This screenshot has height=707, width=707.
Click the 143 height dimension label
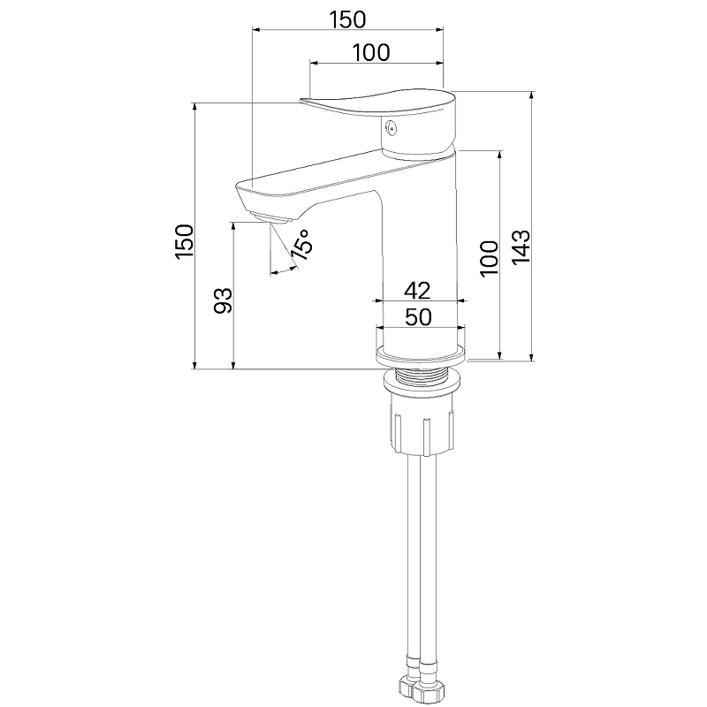pos(521,247)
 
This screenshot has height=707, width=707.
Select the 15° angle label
pos(301,246)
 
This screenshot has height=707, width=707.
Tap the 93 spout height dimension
pos(223,300)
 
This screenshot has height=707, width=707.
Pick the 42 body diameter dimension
pos(417,291)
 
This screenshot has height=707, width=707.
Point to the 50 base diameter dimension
pos(418,317)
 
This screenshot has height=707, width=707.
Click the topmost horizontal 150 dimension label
pos(347,19)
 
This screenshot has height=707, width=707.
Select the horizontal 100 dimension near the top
pos(370,53)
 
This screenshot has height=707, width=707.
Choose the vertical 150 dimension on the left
pos(185,241)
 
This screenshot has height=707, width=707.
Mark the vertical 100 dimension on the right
pos(490,259)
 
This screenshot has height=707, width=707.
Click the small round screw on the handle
pos(392,129)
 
